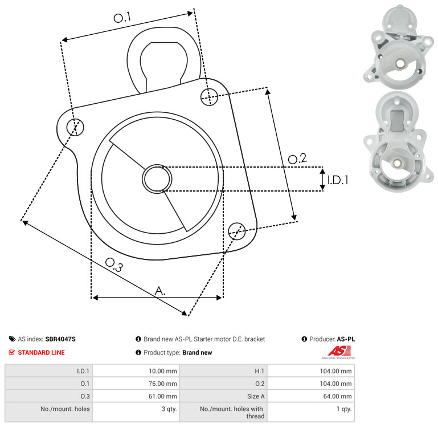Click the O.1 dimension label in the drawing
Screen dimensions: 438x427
coord(122,17)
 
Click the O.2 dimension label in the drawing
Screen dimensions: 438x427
coord(297,158)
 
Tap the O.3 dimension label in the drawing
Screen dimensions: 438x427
coord(114,265)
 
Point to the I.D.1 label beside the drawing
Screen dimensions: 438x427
coord(338,180)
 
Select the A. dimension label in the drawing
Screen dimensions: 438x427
coord(160,291)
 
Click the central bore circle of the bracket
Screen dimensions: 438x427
coord(157,178)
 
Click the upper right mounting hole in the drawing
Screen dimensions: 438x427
coord(209,97)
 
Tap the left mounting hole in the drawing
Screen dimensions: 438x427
coord(75,127)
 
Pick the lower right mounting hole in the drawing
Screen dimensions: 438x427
coord(237,231)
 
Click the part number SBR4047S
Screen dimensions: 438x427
coord(60,339)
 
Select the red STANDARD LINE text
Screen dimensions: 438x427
coord(42,352)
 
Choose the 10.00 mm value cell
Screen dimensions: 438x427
coord(136,371)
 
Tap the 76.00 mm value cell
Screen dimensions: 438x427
coord(136,383)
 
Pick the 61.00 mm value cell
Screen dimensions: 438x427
coord(136,396)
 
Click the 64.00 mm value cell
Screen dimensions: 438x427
coord(311,396)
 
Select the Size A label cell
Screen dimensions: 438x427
coord(223,396)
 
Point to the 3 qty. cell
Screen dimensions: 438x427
coord(136,412)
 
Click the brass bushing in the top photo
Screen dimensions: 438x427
coord(399,63)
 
